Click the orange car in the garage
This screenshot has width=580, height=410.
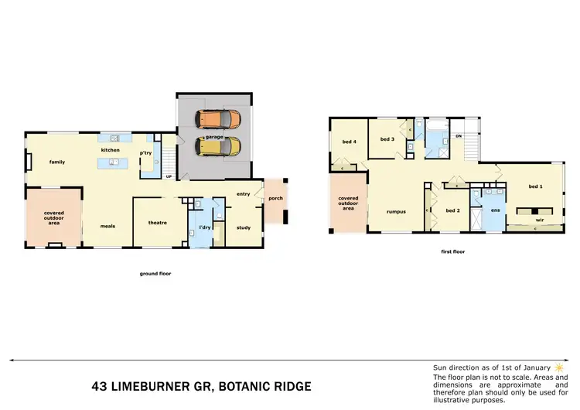pos(217,119)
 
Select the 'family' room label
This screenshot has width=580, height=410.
pos(57,162)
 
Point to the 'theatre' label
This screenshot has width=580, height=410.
pos(158,223)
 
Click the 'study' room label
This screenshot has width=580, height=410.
pos(244,227)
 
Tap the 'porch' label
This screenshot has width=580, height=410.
pos(275,198)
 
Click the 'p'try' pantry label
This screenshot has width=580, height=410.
pos(145,153)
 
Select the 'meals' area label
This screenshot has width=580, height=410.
pos(108,226)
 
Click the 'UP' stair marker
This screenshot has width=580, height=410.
pos(169,176)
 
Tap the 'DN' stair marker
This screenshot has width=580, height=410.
pos(458,136)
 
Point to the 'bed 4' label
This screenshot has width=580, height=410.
pos(350,142)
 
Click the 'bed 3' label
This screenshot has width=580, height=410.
pos(387,138)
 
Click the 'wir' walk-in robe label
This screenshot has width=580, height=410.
pos(540,219)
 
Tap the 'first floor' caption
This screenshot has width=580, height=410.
pos(453,251)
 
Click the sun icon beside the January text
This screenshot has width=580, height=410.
pos(558,366)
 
